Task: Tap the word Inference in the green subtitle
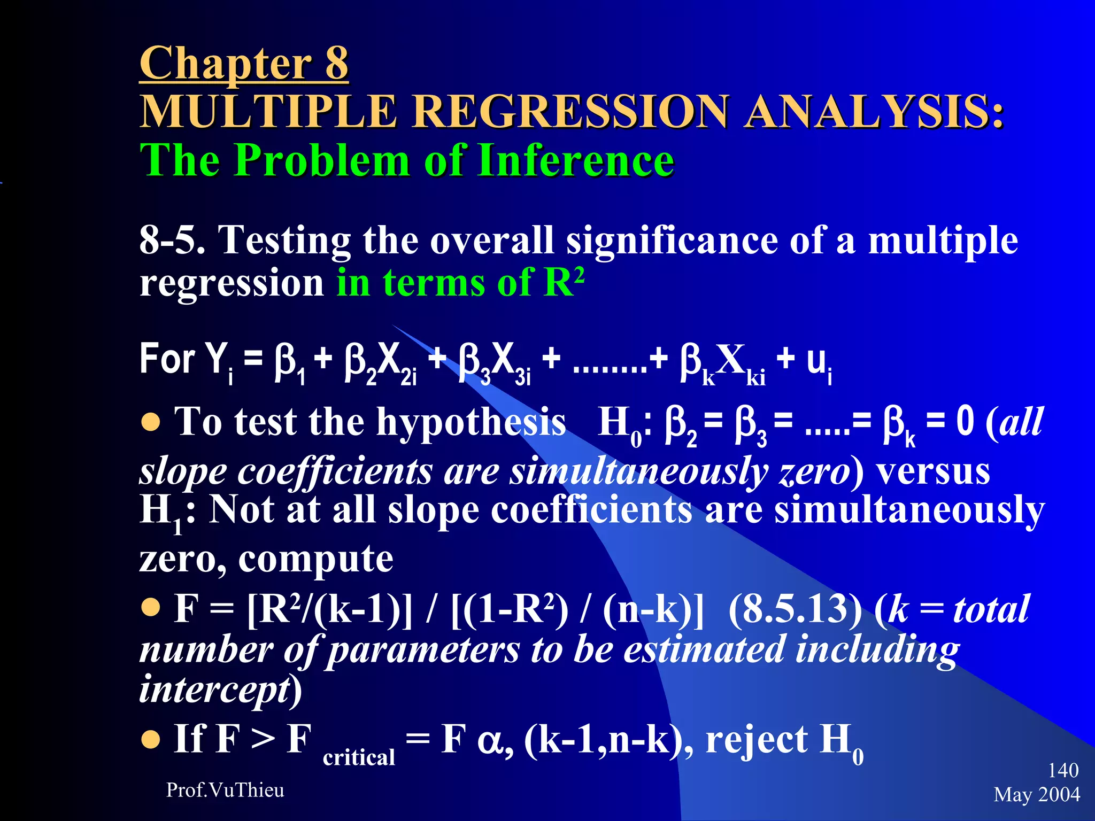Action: click(x=576, y=160)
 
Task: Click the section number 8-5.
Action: click(x=172, y=240)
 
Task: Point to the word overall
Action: click(x=491, y=240)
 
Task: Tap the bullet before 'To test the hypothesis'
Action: click(x=151, y=423)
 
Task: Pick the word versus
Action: click(x=932, y=473)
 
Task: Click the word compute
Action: click(x=315, y=559)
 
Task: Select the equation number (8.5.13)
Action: click(x=795, y=609)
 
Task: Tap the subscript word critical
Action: click(x=359, y=757)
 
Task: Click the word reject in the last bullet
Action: click(x=757, y=740)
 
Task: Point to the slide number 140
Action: click(x=1063, y=770)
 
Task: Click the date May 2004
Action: click(x=1037, y=795)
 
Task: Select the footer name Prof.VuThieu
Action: click(x=225, y=790)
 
